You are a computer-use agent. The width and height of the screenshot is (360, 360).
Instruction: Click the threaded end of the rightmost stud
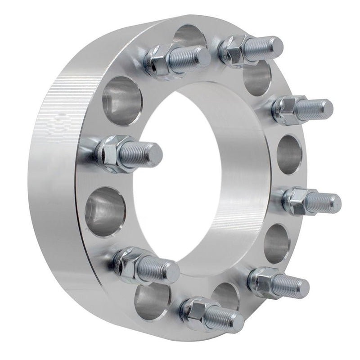[x=331, y=202]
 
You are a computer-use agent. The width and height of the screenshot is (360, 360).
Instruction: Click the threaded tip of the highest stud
[x=272, y=45]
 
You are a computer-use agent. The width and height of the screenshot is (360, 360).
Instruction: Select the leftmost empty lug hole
[x=104, y=211]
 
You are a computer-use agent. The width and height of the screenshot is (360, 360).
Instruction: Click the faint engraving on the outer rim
[x=61, y=121]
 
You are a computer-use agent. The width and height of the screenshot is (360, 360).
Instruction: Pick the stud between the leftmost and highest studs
[x=180, y=58]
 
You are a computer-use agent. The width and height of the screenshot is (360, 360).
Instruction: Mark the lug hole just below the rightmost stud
[x=277, y=243]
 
